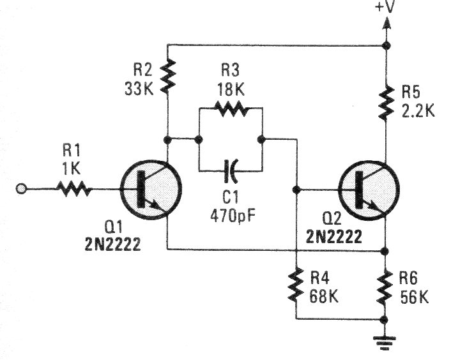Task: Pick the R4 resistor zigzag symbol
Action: pos(296,285)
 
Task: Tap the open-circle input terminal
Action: pos(21,189)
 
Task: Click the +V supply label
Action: pos(386,8)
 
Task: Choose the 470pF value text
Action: pos(231,215)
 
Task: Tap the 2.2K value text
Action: pos(418,111)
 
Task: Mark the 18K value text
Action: pos(231,88)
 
